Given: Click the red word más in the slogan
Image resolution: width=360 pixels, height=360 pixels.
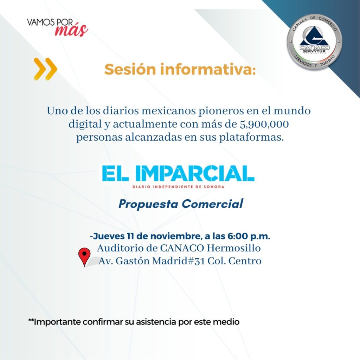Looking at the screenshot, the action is tap(71, 30).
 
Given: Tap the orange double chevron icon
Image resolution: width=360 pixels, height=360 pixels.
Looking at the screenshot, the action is tap(45, 69).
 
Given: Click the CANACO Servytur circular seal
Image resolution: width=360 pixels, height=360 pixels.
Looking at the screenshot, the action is tap(314, 42).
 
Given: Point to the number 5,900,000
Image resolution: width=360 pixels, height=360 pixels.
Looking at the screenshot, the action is tap(264, 124).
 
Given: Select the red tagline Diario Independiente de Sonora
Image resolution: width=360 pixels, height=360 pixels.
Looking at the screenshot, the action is tap(178, 187).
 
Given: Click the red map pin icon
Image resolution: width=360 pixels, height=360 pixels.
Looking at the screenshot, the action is tap(84, 257).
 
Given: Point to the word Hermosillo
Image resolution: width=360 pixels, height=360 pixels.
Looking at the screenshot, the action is tap(233, 248).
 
